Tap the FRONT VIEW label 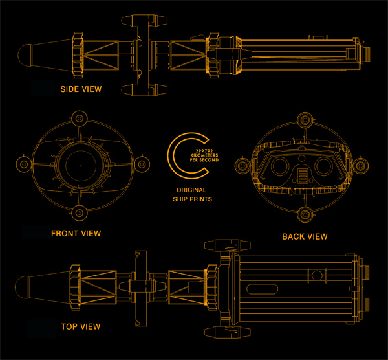pos(76,233)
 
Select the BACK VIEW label pos(305,236)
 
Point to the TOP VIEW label pos(80,326)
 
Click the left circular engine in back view pos(281,166)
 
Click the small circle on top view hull pos(317,276)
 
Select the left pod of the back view pos(244,166)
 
